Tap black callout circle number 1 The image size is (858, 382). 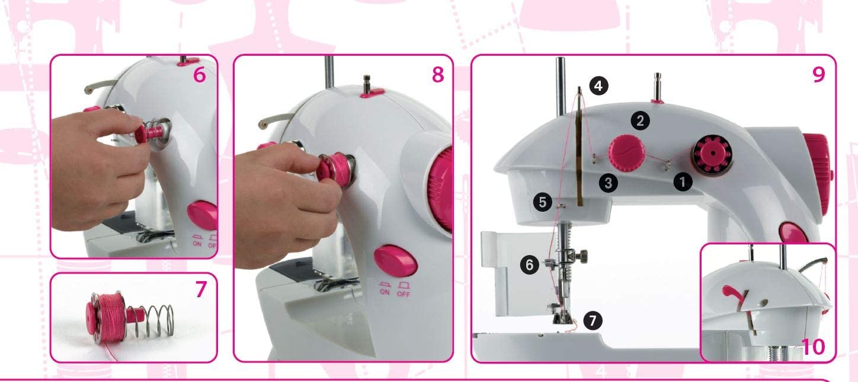[683, 183]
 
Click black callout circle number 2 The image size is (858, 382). [640, 121]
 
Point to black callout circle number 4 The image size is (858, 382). [598, 85]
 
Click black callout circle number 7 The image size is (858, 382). [592, 320]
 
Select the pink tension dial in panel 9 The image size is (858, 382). [623, 153]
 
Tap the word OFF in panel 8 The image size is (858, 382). [404, 294]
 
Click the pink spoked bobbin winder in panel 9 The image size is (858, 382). [713, 154]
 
